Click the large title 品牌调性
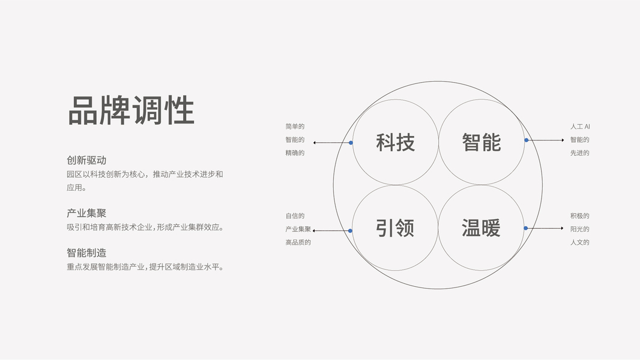(x=131, y=110)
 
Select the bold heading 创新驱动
(x=86, y=160)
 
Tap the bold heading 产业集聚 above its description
(x=86, y=213)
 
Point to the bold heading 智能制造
(x=86, y=253)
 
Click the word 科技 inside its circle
(x=395, y=143)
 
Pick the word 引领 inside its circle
(x=395, y=228)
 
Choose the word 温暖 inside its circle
(x=481, y=228)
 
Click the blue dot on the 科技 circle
(x=351, y=143)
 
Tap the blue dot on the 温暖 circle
(x=525, y=228)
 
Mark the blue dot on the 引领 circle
(x=350, y=230)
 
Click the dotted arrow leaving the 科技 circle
(x=331, y=143)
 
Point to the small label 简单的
(x=295, y=127)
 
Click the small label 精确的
(x=295, y=153)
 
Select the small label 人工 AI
(x=580, y=127)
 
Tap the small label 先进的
(x=580, y=153)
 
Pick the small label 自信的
(x=295, y=215)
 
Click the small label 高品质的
(x=298, y=242)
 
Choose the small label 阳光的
(x=580, y=229)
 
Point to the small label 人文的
(x=580, y=242)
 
